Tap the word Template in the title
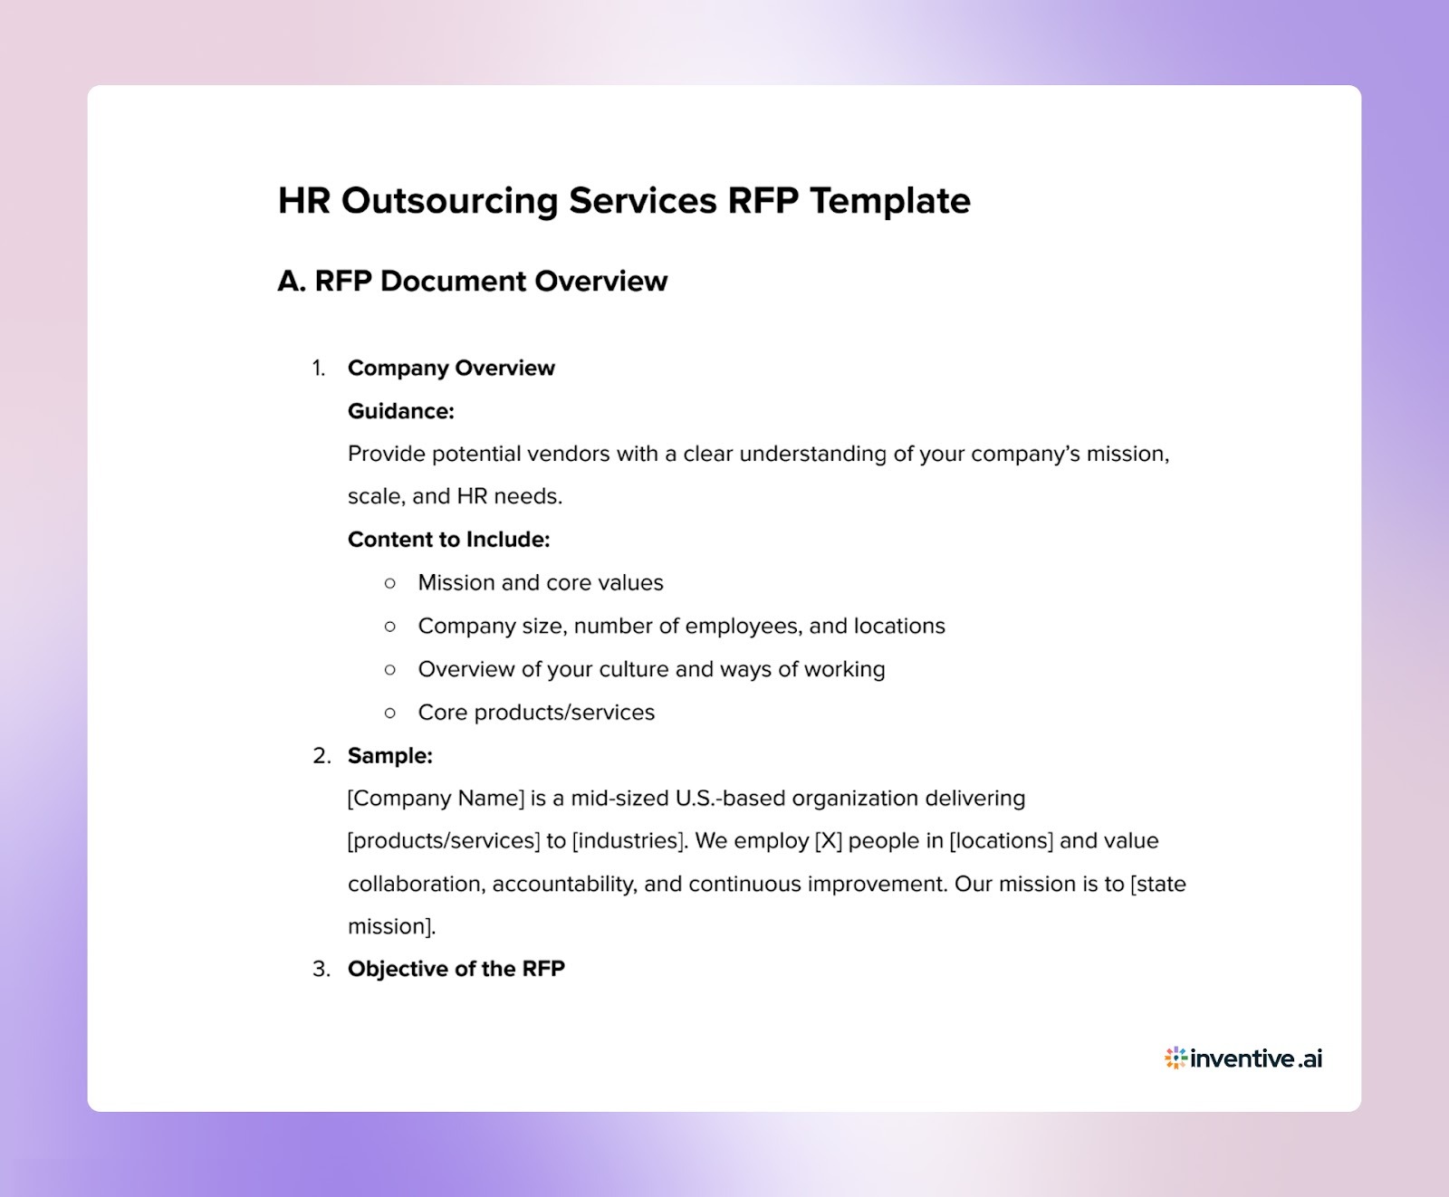click(889, 201)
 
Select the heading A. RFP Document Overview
click(472, 281)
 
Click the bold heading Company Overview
click(451, 368)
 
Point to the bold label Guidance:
click(400, 411)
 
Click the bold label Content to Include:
click(448, 540)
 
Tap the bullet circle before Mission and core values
click(390, 583)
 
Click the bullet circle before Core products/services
click(390, 713)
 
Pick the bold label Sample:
click(389, 755)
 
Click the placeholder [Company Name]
click(436, 799)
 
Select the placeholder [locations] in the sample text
click(1001, 841)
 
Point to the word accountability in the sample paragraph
click(567, 884)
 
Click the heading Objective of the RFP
click(456, 969)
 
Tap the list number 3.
click(320, 969)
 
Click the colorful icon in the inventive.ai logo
click(1175, 1058)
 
